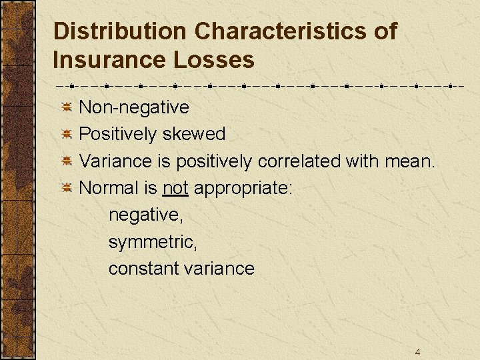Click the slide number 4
[417, 352]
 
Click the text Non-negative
[134, 107]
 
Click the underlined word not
[175, 188]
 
